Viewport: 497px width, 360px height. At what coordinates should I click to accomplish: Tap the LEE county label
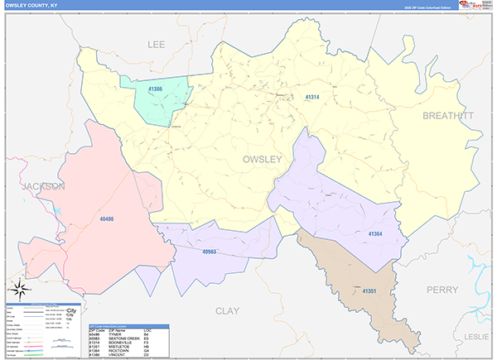pos(157,44)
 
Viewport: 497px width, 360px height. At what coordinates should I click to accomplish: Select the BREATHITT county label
pos(448,116)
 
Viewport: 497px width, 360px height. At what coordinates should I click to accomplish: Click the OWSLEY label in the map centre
pos(262,159)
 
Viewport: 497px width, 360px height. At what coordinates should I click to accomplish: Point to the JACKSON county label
pos(42,187)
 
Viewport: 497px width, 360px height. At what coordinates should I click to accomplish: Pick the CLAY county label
pos(227,310)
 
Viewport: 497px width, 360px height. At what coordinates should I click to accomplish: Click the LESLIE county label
pos(479,337)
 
